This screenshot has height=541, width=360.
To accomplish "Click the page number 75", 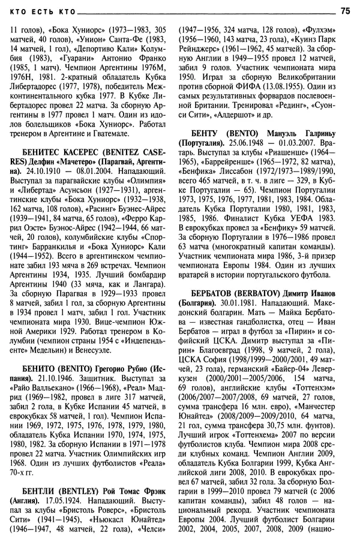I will point(345,10).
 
